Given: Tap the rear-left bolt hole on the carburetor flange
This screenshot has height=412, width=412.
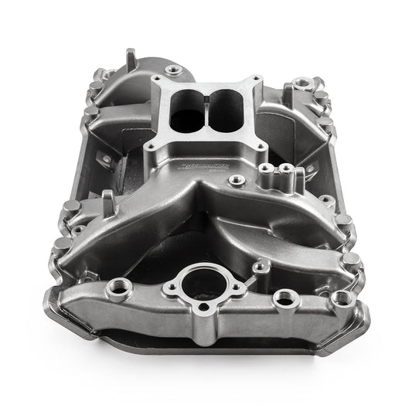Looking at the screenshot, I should point(160,79).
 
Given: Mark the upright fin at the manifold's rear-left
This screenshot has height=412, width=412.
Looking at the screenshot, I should point(130,58).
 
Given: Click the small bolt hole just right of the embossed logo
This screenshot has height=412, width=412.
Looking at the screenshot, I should point(238,179).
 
